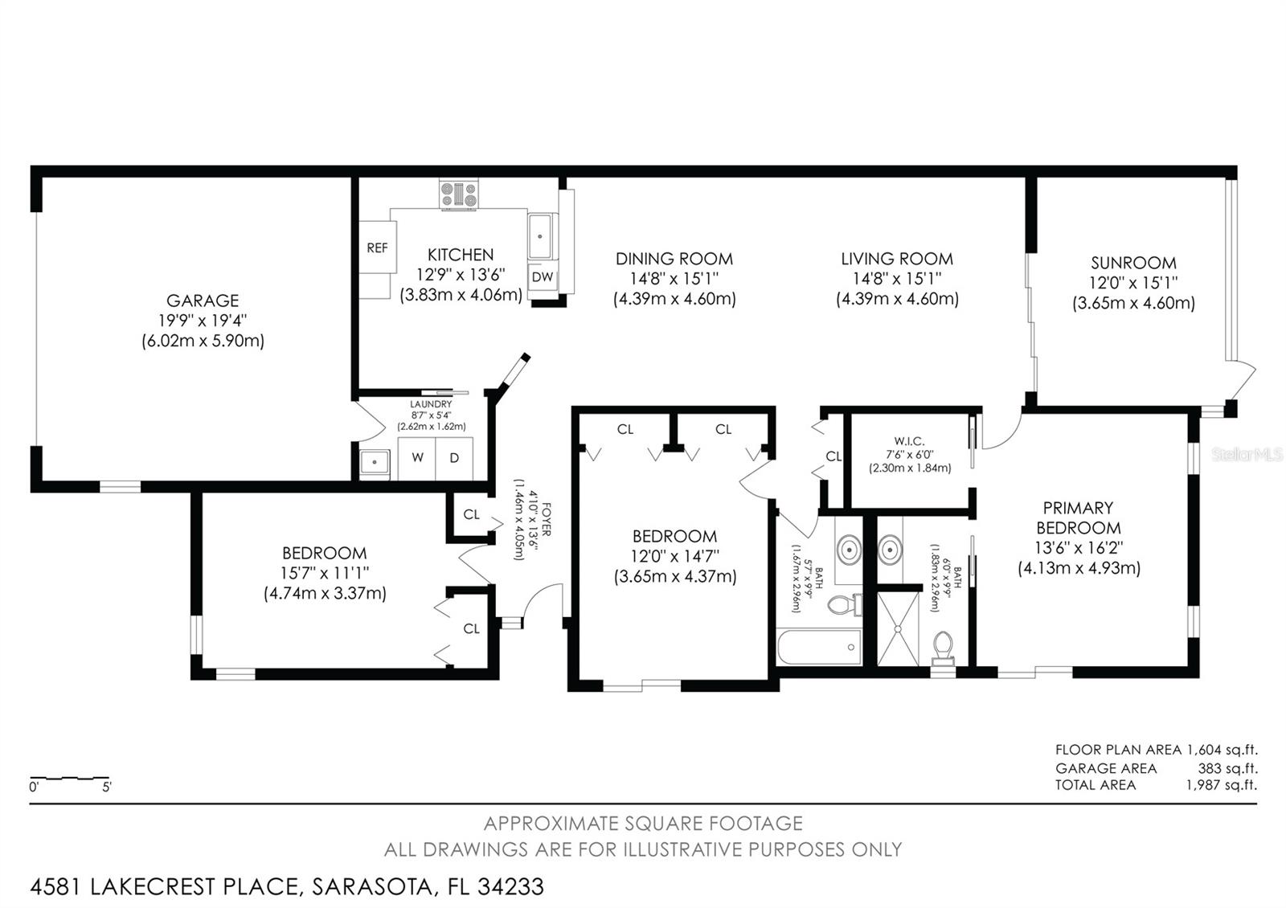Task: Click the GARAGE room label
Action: tap(203, 301)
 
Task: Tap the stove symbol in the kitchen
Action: tap(459, 195)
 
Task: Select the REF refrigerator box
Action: tap(377, 248)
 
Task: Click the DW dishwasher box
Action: tap(543, 277)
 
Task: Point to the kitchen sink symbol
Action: tap(542, 235)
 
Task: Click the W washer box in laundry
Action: tap(417, 458)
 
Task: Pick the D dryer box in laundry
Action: tap(454, 458)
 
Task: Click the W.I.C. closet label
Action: tap(909, 441)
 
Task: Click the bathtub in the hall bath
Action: tap(819, 648)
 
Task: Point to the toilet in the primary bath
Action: tap(943, 647)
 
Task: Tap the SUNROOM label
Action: tap(1133, 263)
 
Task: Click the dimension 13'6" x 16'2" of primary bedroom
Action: tap(1079, 548)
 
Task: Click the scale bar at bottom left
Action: tap(70, 779)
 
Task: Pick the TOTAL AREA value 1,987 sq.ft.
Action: tap(1221, 785)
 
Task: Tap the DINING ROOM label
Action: tap(674, 259)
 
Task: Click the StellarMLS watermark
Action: tap(1247, 456)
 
